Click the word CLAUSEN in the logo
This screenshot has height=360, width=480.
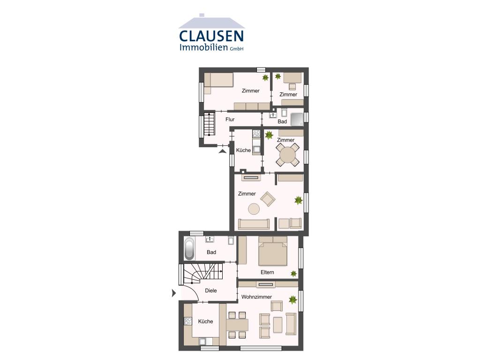point(211,36)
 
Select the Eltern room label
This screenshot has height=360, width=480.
point(267,272)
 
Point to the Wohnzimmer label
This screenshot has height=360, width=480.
point(256,297)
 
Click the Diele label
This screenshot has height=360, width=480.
point(211,291)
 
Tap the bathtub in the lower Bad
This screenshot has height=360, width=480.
point(189,248)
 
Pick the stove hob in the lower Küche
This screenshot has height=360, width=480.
point(188,321)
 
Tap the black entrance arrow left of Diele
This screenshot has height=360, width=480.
point(174,293)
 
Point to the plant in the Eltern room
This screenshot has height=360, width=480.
point(293,273)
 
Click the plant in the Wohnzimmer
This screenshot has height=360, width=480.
point(293,299)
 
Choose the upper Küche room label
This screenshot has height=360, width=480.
point(243,150)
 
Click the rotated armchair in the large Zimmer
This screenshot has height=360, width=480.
point(268,199)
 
